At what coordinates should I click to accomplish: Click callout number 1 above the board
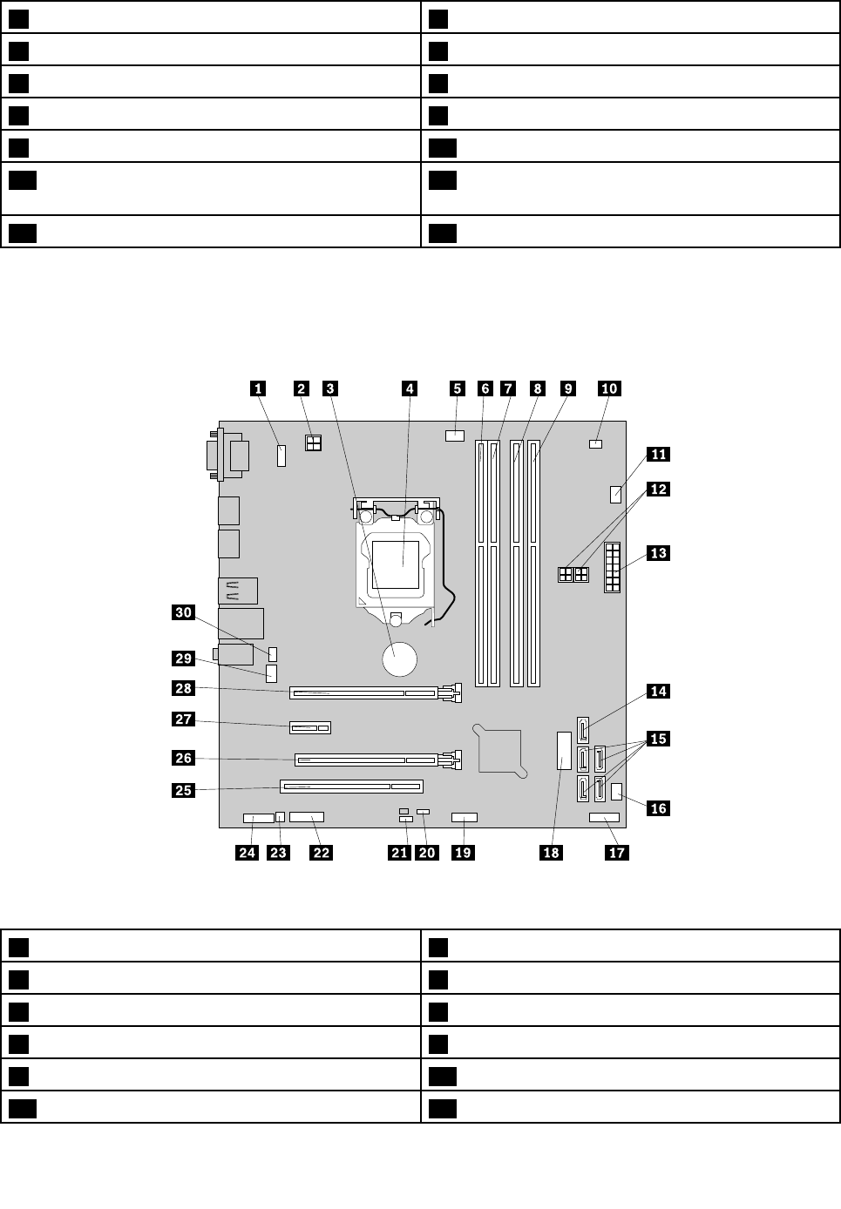258,388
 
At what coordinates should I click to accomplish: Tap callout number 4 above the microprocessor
410,388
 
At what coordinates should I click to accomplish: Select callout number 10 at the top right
609,388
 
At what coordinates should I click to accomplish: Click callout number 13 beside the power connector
658,553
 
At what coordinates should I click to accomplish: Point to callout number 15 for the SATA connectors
658,739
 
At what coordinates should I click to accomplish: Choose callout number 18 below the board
552,852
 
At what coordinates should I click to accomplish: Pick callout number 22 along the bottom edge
322,852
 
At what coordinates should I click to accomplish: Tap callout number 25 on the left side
183,791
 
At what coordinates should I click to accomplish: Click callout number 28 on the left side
183,688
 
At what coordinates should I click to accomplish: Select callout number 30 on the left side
183,612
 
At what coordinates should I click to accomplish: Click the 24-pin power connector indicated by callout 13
612,566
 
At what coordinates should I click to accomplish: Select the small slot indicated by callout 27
309,726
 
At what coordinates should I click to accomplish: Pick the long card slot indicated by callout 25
350,787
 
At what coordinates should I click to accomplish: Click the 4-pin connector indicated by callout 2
314,443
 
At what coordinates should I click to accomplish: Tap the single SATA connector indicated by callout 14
582,726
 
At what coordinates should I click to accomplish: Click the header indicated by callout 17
604,818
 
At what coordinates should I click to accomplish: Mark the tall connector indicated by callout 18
562,751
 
